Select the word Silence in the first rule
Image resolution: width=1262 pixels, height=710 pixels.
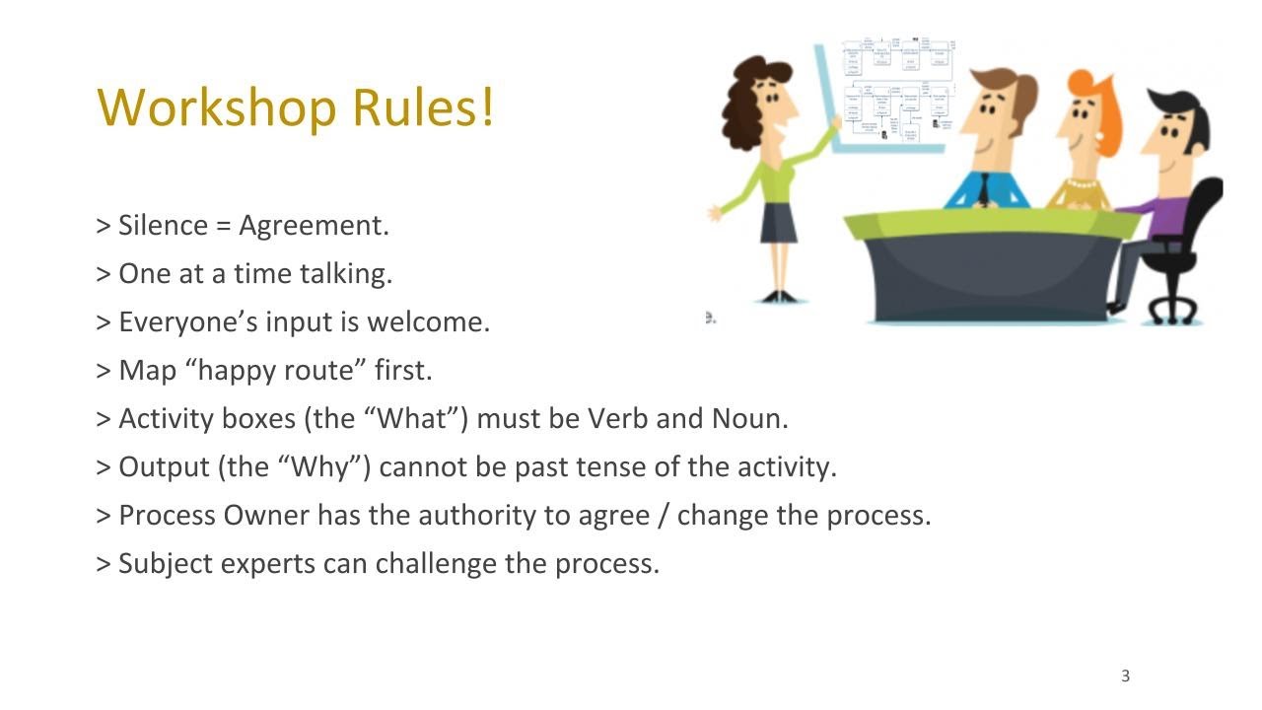163,225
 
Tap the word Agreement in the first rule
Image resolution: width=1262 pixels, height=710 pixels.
314,226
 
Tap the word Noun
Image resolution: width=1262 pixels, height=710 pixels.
749,418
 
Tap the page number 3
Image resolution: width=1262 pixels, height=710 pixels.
1125,675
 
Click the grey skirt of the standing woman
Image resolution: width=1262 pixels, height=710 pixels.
778,223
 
